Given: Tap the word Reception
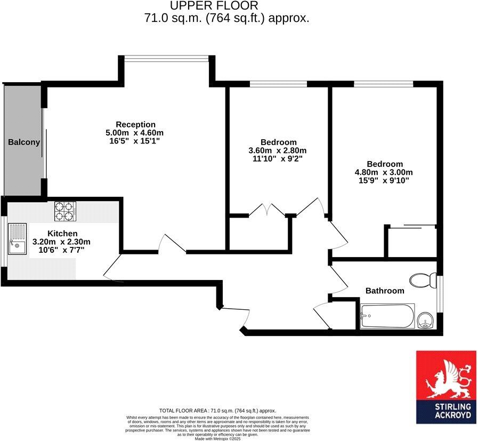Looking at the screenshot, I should coord(136,124).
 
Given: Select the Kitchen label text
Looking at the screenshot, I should coord(62,234).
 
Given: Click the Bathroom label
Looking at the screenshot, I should coord(384,291).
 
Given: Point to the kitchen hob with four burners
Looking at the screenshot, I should coord(66,211).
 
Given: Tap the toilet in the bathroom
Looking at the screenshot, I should coord(424,280).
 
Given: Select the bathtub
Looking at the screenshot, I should coord(386,316).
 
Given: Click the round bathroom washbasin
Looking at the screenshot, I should coord(426,320).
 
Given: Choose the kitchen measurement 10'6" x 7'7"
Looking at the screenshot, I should coord(62,250).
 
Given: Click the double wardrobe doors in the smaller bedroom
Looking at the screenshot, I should coord(268,210).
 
